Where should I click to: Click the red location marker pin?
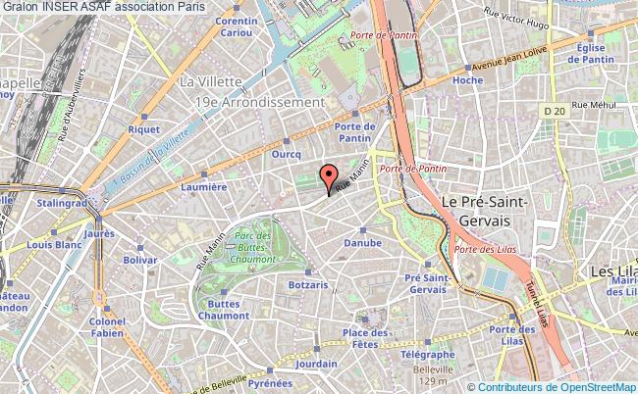point(327,177)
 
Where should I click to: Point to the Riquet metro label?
point(143,127)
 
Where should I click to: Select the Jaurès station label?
point(101,233)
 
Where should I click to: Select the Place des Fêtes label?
point(361,339)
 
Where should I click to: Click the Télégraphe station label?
point(429,354)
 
